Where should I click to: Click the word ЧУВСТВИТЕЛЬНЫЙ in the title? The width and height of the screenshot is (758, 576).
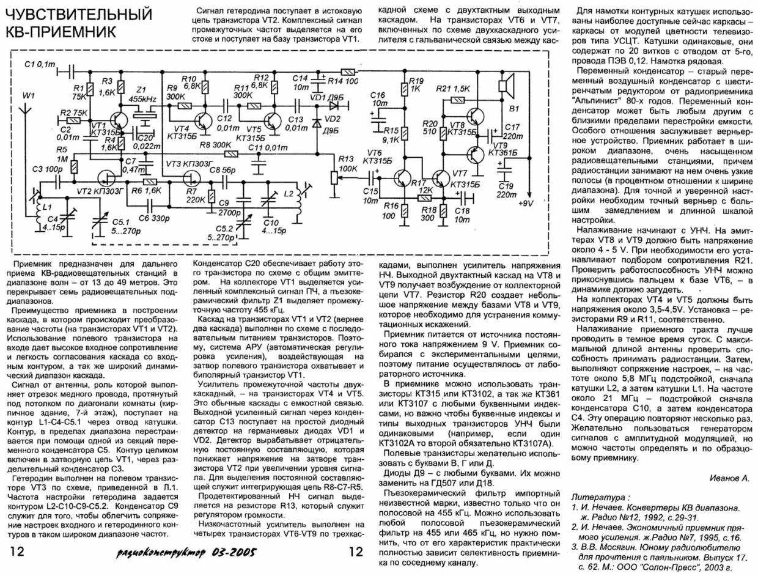coord(79,13)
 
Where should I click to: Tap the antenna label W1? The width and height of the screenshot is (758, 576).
coord(29,95)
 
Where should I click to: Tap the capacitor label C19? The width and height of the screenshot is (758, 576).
coord(506,185)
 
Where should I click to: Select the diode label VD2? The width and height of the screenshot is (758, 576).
coord(333,119)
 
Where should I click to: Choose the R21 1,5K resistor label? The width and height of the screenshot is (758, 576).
coord(453,89)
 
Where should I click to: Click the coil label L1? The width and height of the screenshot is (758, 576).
coord(46,207)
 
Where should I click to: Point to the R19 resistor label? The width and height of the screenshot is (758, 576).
coord(416,81)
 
